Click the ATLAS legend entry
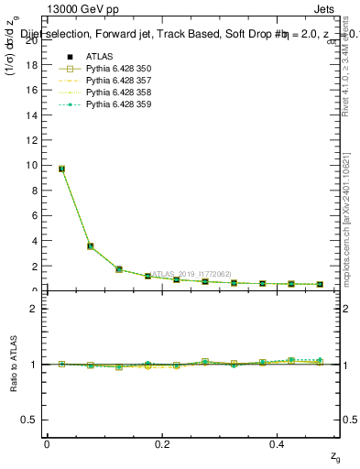point(97,57)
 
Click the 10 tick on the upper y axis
point(32,166)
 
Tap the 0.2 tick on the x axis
point(162,444)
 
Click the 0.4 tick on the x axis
point(278,444)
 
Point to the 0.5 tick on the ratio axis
point(31,420)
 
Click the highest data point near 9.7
point(61,169)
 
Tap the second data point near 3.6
point(91,245)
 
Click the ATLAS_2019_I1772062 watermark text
point(193,273)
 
